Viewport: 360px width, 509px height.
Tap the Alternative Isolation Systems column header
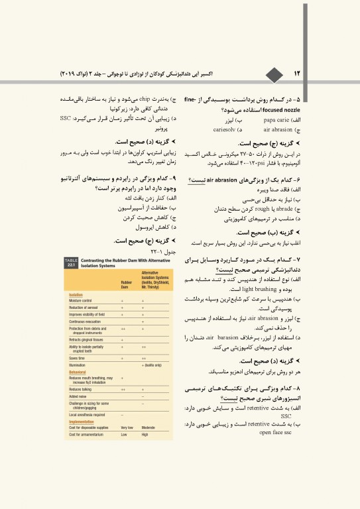tap(154, 280)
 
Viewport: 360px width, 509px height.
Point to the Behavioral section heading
tap(79, 372)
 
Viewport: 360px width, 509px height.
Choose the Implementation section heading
tap(82, 422)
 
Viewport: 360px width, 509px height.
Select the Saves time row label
tap(78, 359)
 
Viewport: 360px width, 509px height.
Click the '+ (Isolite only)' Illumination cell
tap(156, 365)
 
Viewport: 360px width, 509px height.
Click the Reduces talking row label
tap(80, 390)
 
